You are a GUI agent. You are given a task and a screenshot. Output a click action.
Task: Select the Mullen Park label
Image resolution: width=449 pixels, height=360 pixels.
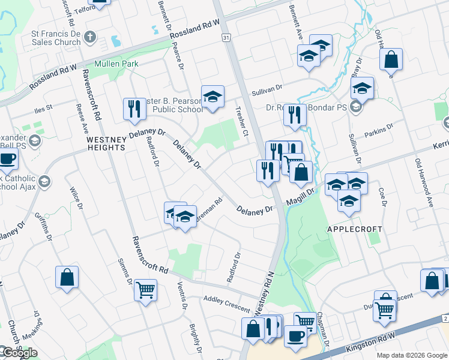pyautogui.click(x=116, y=64)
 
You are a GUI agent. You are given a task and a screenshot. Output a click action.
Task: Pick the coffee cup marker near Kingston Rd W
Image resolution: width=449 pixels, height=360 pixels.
pyautogui.click(x=295, y=335)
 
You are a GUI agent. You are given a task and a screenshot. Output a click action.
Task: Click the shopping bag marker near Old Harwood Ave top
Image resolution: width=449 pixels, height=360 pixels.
pyautogui.click(x=391, y=59)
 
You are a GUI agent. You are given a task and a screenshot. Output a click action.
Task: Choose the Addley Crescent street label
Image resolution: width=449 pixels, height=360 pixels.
pyautogui.click(x=227, y=303)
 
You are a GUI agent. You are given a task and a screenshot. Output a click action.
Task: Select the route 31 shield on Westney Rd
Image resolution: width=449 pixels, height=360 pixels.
pyautogui.click(x=226, y=38)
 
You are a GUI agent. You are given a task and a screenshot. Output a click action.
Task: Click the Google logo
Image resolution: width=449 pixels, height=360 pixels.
pyautogui.click(x=19, y=353)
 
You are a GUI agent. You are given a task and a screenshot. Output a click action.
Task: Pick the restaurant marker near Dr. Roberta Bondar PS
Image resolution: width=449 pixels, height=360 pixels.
pyautogui.click(x=294, y=115)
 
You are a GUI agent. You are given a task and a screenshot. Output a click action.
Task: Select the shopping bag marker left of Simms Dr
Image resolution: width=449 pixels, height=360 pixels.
pyautogui.click(x=67, y=277)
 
